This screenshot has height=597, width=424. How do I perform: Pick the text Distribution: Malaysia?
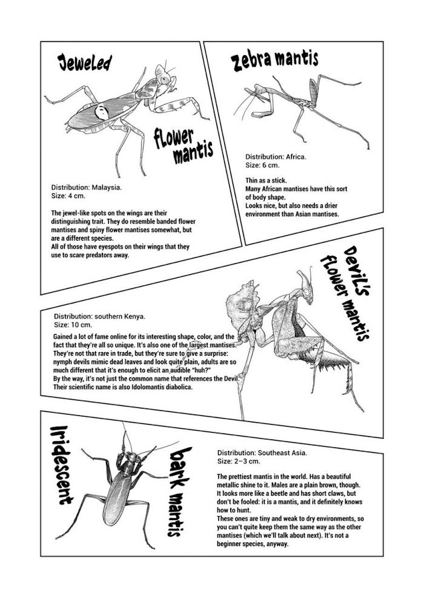coord(87,188)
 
